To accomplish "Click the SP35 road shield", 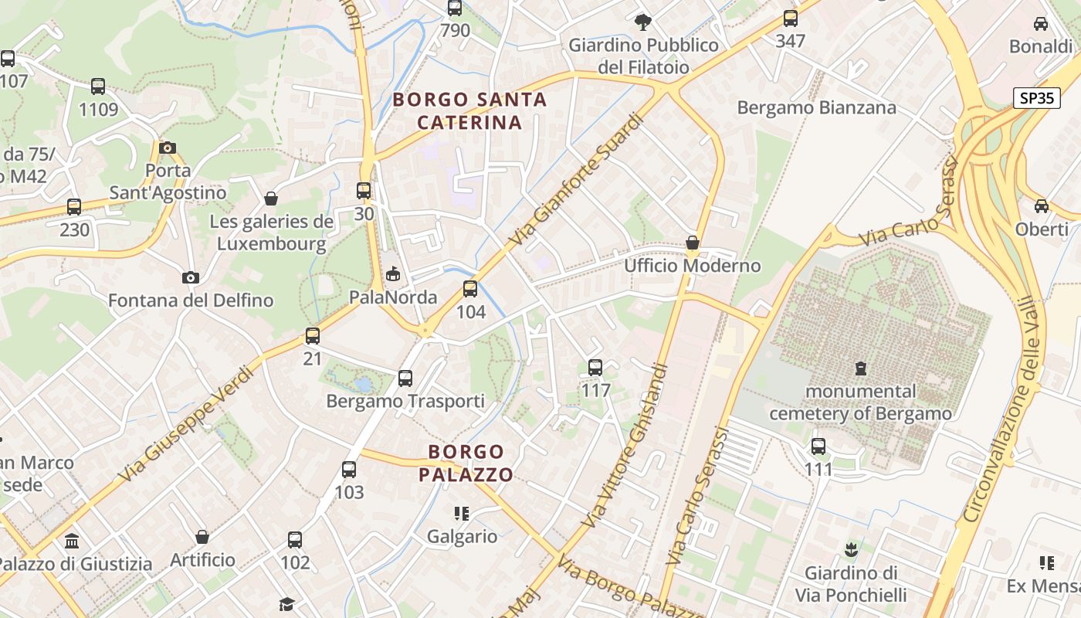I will coord(1036,98).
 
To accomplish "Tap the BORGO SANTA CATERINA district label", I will coord(469,110).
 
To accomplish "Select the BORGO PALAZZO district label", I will coord(466,463).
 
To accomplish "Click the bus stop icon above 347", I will coord(790,19).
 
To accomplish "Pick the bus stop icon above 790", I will coord(455,8).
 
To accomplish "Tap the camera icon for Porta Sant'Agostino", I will coord(167,148).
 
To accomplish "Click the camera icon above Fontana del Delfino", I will coord(190,277).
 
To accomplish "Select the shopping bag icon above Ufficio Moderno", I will coord(693,243).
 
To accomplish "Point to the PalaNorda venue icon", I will coord(393,274).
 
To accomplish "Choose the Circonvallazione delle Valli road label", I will coord(1005,409).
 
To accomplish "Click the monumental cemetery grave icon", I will coord(860,368).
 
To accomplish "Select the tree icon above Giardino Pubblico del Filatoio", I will coord(642,22).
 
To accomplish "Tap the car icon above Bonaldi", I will coord(1041,24).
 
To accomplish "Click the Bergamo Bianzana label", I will coord(816,107).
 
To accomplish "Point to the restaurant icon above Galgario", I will coord(462,514).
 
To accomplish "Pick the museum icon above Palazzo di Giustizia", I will coord(73,541).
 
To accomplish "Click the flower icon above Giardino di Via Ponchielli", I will coord(851,550).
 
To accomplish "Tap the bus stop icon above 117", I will coord(595,368).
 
